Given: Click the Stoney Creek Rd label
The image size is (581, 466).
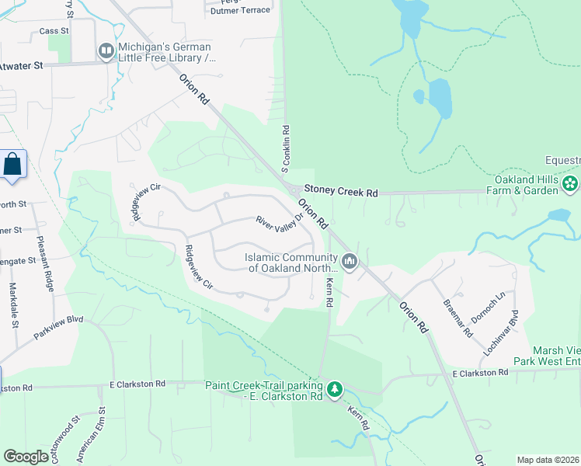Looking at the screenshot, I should [x=341, y=189].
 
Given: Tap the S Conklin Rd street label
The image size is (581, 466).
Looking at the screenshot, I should [x=286, y=149].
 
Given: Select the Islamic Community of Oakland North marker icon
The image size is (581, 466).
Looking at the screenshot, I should [x=350, y=262].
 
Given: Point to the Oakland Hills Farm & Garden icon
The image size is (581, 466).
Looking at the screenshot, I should [x=570, y=184].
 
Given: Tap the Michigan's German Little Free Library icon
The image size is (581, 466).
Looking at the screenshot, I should [x=106, y=51].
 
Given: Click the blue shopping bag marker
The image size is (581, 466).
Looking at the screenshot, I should [x=12, y=165].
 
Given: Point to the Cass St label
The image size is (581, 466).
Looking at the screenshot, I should [x=54, y=32].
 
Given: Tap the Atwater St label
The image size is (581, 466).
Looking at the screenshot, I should [x=21, y=68].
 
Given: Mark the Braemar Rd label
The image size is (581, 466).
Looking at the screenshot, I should [x=457, y=318].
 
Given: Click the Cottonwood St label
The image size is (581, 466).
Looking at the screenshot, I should [x=65, y=434].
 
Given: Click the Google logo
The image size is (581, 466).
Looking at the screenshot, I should [x=26, y=457].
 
